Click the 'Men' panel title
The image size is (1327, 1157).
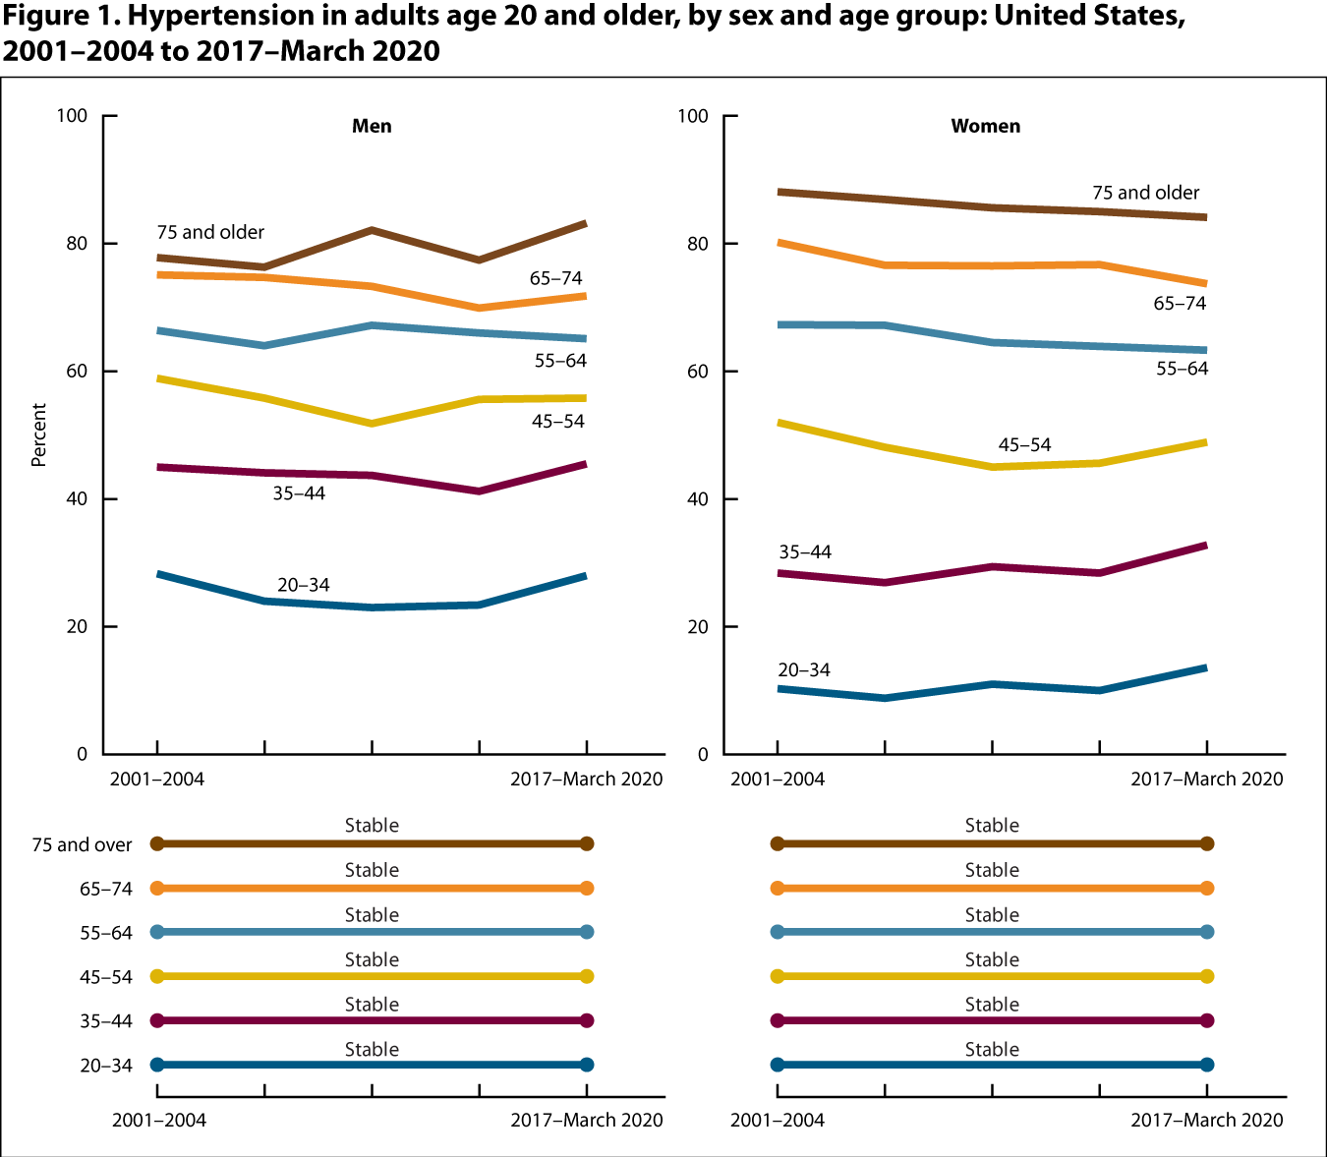[x=372, y=126]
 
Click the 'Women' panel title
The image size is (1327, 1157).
[x=985, y=126]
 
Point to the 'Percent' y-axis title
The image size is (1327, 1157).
[x=39, y=434]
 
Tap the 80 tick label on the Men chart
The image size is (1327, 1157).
[x=74, y=243]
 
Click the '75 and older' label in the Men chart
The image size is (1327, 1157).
[x=210, y=232]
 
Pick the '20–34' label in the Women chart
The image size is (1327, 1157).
[x=803, y=670]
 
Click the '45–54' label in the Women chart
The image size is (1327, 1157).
[x=1024, y=445]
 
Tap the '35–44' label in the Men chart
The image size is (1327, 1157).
[x=299, y=493]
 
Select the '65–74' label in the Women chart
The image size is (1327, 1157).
[x=1180, y=304]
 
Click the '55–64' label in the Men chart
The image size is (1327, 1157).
[x=560, y=361]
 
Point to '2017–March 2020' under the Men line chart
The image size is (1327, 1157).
[x=586, y=779]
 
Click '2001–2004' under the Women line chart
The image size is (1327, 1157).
[x=778, y=779]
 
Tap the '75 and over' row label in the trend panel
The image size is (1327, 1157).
[x=82, y=845]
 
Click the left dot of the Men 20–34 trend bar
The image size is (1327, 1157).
[x=157, y=1065]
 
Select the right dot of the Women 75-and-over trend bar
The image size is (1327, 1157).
[x=1207, y=843]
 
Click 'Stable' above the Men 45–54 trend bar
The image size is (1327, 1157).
[x=372, y=959]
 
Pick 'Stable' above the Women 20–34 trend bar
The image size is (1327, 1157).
[x=992, y=1049]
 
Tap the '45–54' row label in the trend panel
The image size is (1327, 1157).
[x=106, y=978]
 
